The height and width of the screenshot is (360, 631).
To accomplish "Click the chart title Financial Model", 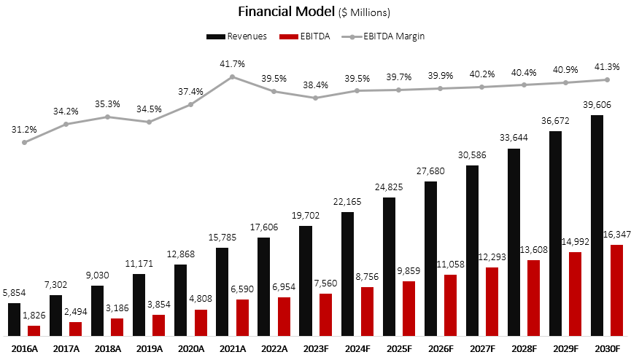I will tap(287, 12).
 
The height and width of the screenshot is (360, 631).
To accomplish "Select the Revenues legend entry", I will tap(237, 36).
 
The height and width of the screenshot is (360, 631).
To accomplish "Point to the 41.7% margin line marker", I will tap(233, 77).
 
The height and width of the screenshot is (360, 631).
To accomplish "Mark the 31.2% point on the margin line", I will tap(25, 142).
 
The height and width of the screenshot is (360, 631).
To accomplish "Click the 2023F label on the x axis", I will tap(315, 350).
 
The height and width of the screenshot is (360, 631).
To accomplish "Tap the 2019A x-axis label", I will tap(149, 350).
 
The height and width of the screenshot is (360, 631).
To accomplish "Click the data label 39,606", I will tap(597, 105).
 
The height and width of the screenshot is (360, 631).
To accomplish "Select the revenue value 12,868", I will tap(180, 254).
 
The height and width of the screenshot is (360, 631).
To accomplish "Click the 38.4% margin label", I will tap(315, 85).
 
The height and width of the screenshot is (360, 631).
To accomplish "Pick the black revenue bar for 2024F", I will tap(347, 274).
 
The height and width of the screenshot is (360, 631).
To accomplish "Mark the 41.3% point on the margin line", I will tap(606, 79).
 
